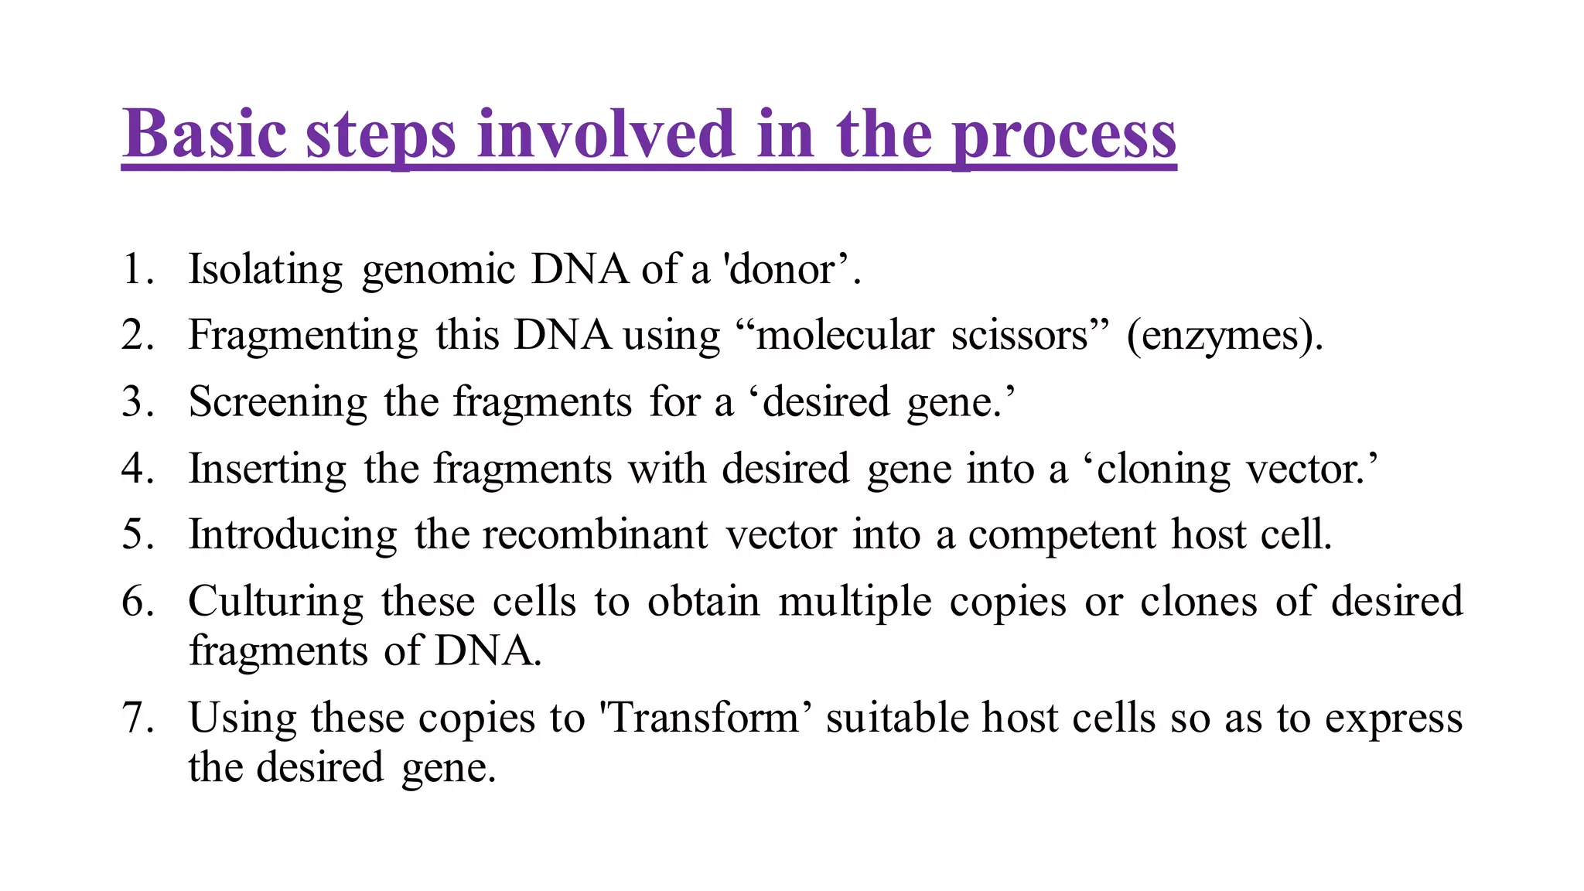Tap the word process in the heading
(x=1063, y=135)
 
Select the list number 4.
(x=133, y=469)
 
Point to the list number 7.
(x=133, y=718)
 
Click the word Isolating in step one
(x=265, y=270)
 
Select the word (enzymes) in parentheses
(x=1224, y=336)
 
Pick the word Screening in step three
(x=278, y=403)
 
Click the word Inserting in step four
(x=267, y=469)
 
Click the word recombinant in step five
(x=595, y=535)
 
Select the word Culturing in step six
(x=275, y=602)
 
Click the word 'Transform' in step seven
(x=705, y=718)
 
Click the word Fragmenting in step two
(x=302, y=336)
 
